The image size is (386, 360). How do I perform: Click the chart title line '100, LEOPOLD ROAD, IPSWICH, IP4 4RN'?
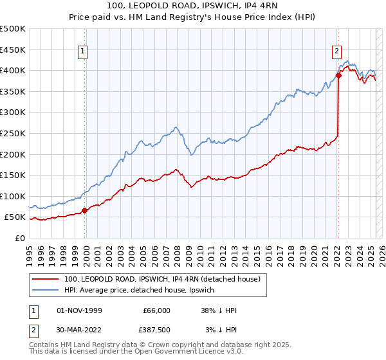(x=193, y=7)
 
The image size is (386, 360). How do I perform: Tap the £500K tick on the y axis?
(x=13, y=29)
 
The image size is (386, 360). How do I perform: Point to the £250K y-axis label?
(x=13, y=133)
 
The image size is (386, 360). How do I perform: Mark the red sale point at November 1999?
(x=84, y=210)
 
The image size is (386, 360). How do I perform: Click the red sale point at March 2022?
(x=338, y=75)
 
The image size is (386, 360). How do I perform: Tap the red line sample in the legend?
(x=46, y=279)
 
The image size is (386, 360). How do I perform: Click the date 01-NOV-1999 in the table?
(x=80, y=310)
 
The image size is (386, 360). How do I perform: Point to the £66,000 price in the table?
(x=156, y=310)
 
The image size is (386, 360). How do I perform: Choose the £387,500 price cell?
(x=156, y=330)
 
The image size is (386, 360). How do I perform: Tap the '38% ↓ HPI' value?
(x=218, y=310)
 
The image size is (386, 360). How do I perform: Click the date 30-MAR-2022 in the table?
(x=80, y=330)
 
